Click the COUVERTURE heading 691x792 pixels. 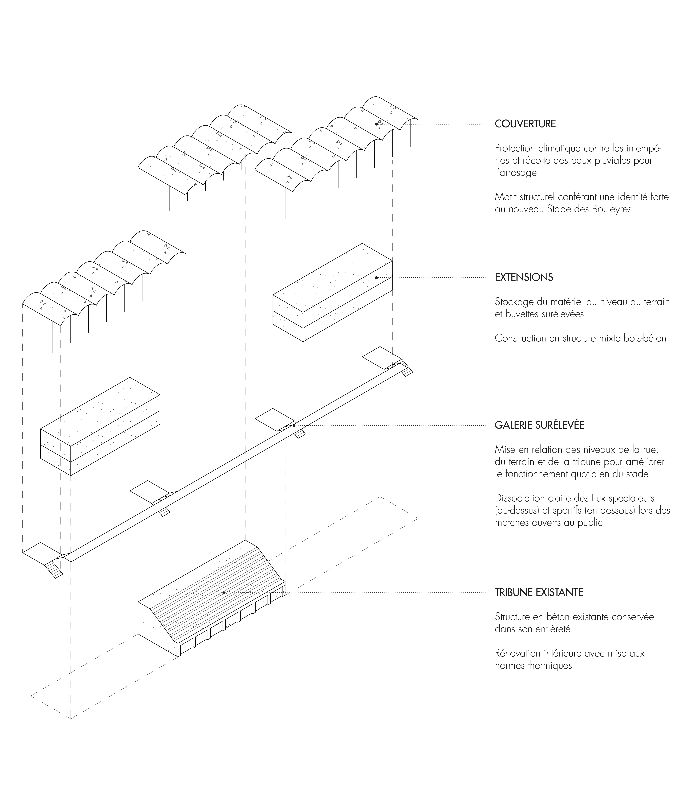click(x=525, y=124)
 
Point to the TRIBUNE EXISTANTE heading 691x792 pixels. click(x=539, y=592)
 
